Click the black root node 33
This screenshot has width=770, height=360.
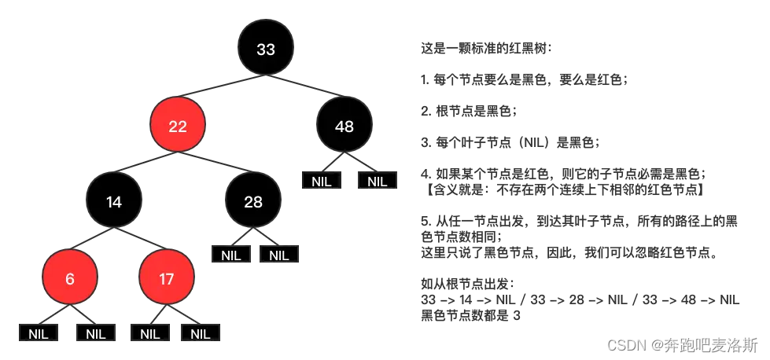pyautogui.click(x=266, y=50)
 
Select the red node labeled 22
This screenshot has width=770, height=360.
pyautogui.click(x=178, y=126)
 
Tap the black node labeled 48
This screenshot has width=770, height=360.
pyautogui.click(x=344, y=126)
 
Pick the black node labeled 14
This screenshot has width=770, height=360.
pyautogui.click(x=114, y=202)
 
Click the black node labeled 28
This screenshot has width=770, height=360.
pyautogui.click(x=252, y=202)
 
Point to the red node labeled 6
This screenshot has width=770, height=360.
pyautogui.click(x=70, y=278)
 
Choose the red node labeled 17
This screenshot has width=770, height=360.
pyautogui.click(x=166, y=278)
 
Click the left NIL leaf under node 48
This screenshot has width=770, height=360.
pyautogui.click(x=322, y=181)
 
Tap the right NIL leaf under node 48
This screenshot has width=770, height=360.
pyautogui.click(x=378, y=181)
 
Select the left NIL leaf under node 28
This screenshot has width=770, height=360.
pyautogui.click(x=230, y=255)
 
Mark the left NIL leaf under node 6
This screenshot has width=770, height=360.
pyautogui.click(x=39, y=332)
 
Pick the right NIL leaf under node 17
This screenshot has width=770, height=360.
pyautogui.click(x=201, y=332)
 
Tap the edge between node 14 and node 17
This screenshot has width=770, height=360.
pyautogui.click(x=140, y=240)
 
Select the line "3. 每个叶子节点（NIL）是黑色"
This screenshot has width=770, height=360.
pyautogui.click(x=510, y=141)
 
